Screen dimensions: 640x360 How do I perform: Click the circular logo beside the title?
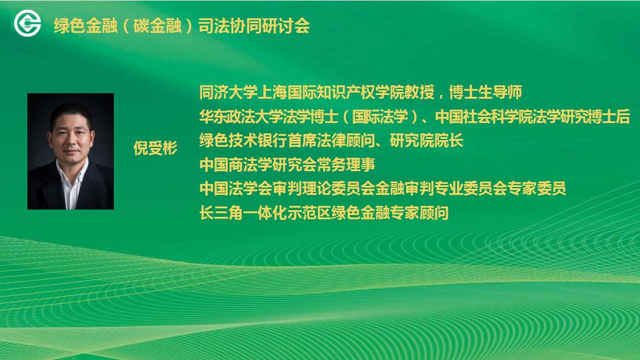tap(27, 23)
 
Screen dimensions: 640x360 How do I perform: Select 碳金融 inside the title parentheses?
tap(158, 26)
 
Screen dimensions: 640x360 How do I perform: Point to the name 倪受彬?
tap(155, 148)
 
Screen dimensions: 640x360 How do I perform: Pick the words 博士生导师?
tap(485, 92)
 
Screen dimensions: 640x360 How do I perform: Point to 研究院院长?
tap(426, 141)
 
